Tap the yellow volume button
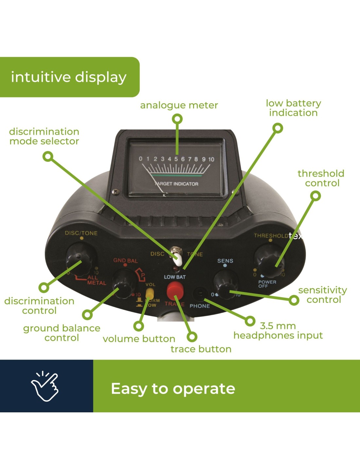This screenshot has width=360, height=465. point(150,293)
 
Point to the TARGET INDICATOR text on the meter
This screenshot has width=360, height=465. point(176,184)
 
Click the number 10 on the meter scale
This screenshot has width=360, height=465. point(211,159)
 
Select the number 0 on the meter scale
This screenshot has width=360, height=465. point(141,159)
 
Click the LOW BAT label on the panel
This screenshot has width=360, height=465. point(175,277)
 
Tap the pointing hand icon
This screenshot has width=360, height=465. point(45,386)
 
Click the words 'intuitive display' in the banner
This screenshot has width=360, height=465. point(69,77)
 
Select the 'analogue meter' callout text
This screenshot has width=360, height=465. point(179,105)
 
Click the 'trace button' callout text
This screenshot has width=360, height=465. point(201,349)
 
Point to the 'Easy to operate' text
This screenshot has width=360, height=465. point(173,388)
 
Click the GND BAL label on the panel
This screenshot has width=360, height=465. point(125,261)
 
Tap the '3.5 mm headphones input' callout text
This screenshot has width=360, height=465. point(278,331)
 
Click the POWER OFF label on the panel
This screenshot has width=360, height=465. point(267,284)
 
